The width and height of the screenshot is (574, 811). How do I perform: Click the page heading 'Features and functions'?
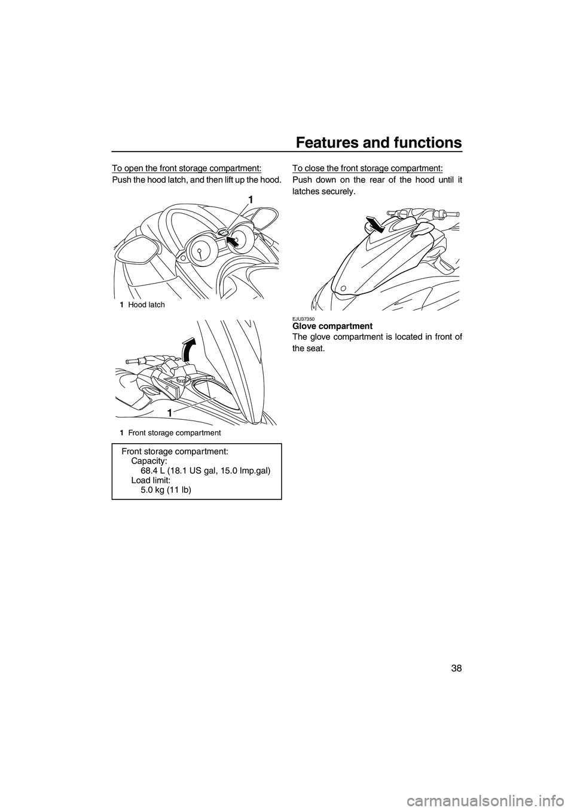pyautogui.click(x=379, y=143)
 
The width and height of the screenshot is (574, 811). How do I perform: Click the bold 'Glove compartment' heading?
pyautogui.click(x=332, y=326)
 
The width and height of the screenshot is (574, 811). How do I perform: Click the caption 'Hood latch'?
pyautogui.click(x=146, y=305)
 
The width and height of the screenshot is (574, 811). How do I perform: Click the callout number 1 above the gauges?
pyautogui.click(x=252, y=198)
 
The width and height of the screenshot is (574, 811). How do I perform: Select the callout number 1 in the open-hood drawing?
pyautogui.click(x=170, y=413)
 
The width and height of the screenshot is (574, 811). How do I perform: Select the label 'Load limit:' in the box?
pyautogui.click(x=151, y=480)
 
